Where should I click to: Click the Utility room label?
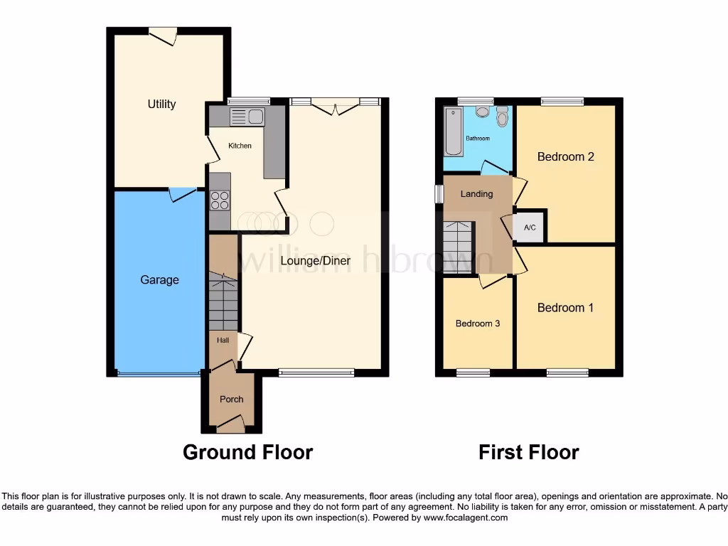[x=161, y=105]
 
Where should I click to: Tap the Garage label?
[x=159, y=280]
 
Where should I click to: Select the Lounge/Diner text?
[x=315, y=261]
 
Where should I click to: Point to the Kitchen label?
[x=240, y=146]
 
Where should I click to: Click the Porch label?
[x=231, y=399]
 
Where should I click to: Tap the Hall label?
[x=223, y=341]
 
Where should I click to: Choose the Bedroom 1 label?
[x=565, y=308]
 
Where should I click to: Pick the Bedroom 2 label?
[x=565, y=156]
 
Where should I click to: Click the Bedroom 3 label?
[x=478, y=323]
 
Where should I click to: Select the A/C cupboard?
[x=530, y=227]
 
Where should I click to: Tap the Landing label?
[x=476, y=193]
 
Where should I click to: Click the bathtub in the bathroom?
[x=453, y=132]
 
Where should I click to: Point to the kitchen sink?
[x=246, y=117]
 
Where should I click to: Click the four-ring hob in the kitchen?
[x=220, y=200]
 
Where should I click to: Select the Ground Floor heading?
[x=247, y=452]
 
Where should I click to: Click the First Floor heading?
[x=528, y=452]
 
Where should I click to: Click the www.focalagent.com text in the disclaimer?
[x=465, y=518]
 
